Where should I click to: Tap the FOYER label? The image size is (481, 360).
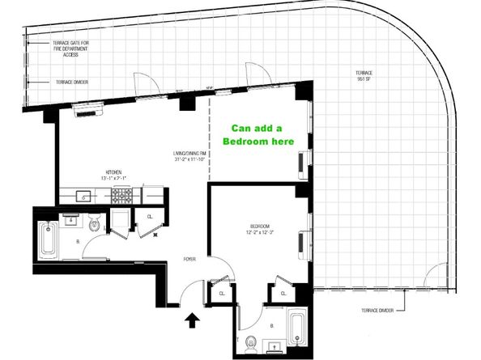189,259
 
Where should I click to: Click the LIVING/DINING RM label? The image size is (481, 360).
192,153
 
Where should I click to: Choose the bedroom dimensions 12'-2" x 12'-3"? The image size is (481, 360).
260,233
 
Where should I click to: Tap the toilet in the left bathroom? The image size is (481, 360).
95,226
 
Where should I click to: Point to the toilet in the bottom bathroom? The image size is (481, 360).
252,340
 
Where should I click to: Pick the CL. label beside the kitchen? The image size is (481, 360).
151,216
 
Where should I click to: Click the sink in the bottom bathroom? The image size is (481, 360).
273,348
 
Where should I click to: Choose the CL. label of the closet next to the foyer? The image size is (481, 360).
221,294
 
